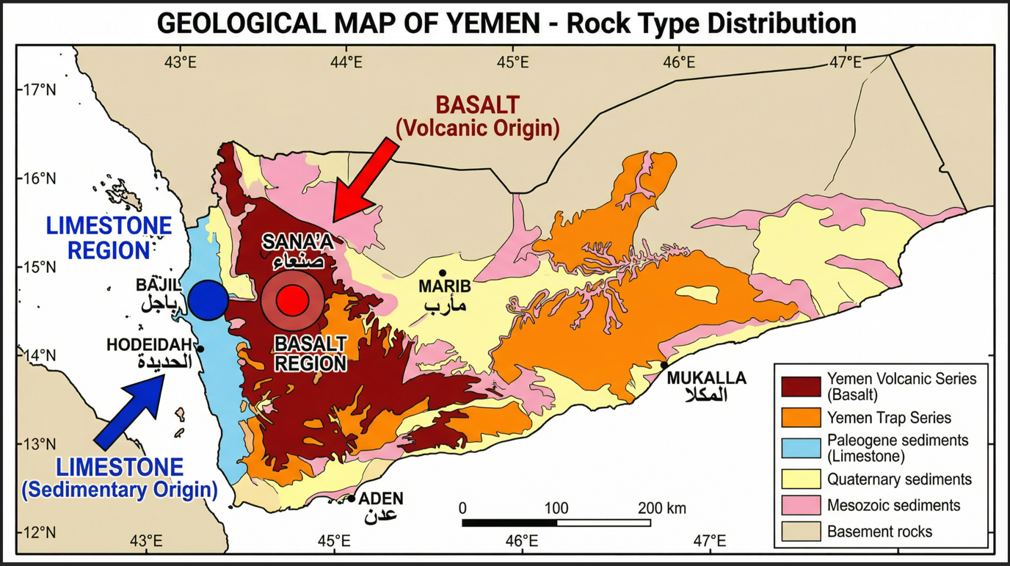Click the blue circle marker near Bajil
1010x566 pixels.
(x=208, y=300)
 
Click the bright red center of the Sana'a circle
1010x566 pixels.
(x=292, y=300)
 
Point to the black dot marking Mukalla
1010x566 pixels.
(x=664, y=366)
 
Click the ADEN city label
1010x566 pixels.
(x=381, y=499)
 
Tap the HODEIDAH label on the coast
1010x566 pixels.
(x=149, y=344)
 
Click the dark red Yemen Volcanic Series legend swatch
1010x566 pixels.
(x=801, y=386)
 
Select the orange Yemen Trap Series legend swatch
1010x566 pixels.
(x=801, y=418)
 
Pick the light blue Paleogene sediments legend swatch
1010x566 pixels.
(x=801, y=448)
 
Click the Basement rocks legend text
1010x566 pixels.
(x=879, y=531)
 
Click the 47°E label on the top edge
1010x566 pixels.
(x=846, y=62)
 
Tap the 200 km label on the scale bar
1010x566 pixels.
(x=661, y=508)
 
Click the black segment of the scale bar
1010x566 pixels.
(x=509, y=523)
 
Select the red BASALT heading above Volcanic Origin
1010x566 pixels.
(x=477, y=104)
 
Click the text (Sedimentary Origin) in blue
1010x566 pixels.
(x=120, y=490)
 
